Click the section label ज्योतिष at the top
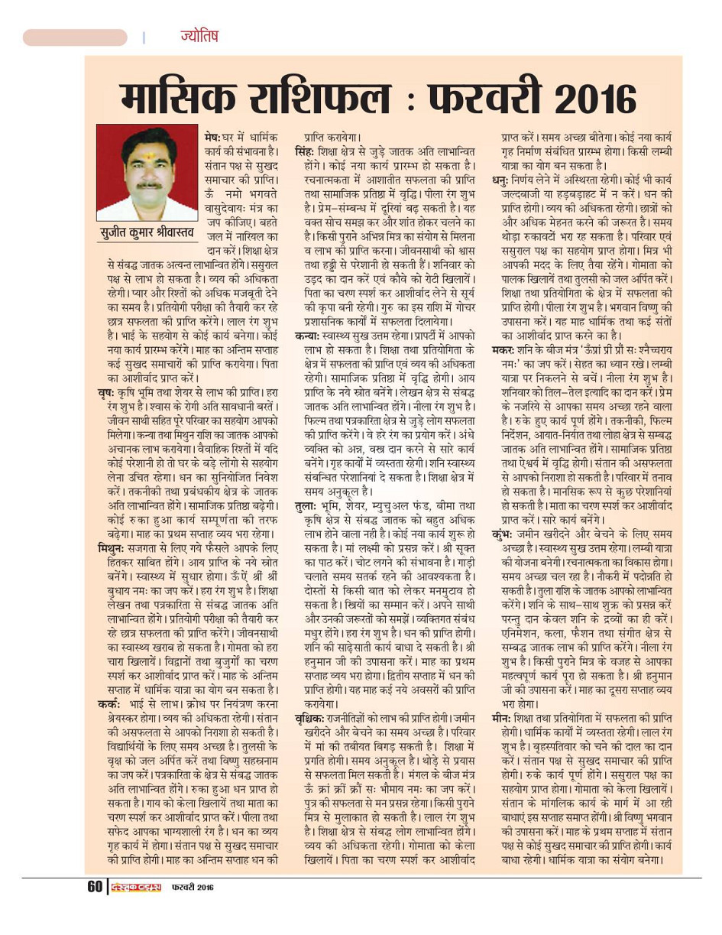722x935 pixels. (199, 36)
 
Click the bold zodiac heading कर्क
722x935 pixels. (108, 703)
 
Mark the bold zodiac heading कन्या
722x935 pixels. (309, 336)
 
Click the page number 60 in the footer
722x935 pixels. (95, 887)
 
